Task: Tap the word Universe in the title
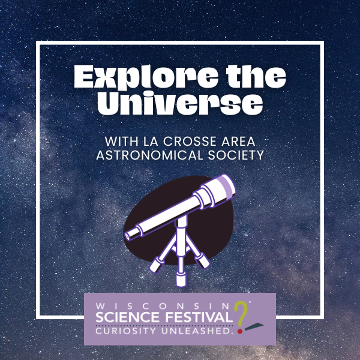pos(180,103)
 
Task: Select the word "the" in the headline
pos(256,76)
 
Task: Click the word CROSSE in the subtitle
pos(190,142)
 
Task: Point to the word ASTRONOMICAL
pos(149,155)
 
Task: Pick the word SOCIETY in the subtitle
pos(236,155)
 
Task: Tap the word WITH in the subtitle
pos(122,142)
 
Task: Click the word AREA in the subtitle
pos(239,142)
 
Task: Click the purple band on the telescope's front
pos(226,187)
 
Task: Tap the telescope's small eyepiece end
pos(127,236)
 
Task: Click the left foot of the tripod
pos(156,265)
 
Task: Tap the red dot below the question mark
pos(240,331)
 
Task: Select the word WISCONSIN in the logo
pos(163,306)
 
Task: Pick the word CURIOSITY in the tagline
pos(126,331)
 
